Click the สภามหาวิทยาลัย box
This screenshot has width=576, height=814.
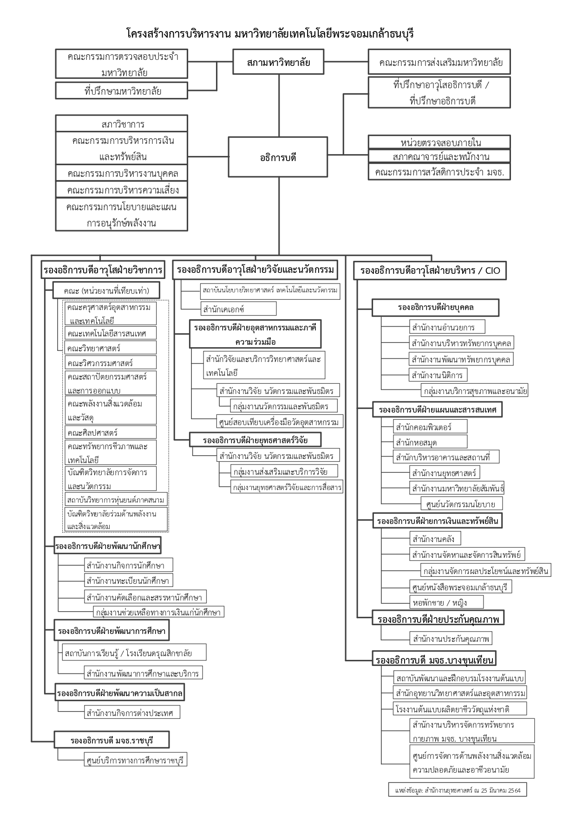point(278,62)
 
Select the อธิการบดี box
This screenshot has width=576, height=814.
point(278,157)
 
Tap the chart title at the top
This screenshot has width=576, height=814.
point(270,34)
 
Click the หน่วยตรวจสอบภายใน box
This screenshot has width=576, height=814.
point(439,142)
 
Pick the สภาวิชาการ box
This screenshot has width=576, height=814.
point(122,124)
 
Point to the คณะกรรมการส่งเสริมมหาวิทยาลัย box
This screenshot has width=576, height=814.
point(439,62)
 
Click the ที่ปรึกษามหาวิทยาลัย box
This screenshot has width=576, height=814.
point(122,91)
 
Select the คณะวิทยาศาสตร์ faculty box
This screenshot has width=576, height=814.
point(111,348)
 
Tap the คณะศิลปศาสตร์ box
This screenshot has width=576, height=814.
point(111,433)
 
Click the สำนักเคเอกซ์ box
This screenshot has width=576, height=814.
point(238,309)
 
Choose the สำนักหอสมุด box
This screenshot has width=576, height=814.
point(430,442)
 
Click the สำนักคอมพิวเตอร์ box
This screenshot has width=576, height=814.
point(430,426)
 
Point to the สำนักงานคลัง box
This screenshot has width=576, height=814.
point(436,539)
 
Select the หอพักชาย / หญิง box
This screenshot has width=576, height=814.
point(446,602)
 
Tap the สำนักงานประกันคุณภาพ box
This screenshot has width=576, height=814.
point(451,639)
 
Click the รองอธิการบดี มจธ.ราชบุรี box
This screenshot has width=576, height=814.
point(111,740)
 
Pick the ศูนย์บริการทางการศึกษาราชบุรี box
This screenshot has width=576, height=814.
point(135,760)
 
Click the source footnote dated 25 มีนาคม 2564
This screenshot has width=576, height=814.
point(458,790)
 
